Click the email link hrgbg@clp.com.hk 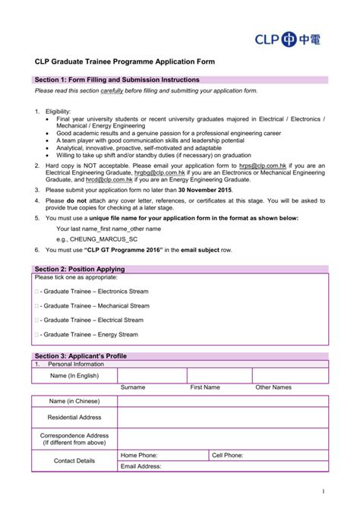(x=160, y=172)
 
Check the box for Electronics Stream (x=37, y=292)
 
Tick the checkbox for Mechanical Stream (x=37, y=306)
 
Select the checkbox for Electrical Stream (x=37, y=320)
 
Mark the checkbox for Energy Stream (x=37, y=335)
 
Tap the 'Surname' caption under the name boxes (x=133, y=387)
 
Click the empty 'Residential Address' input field (x=223, y=418)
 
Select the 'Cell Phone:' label (x=228, y=455)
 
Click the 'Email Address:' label (x=141, y=466)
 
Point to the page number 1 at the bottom (x=323, y=491)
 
